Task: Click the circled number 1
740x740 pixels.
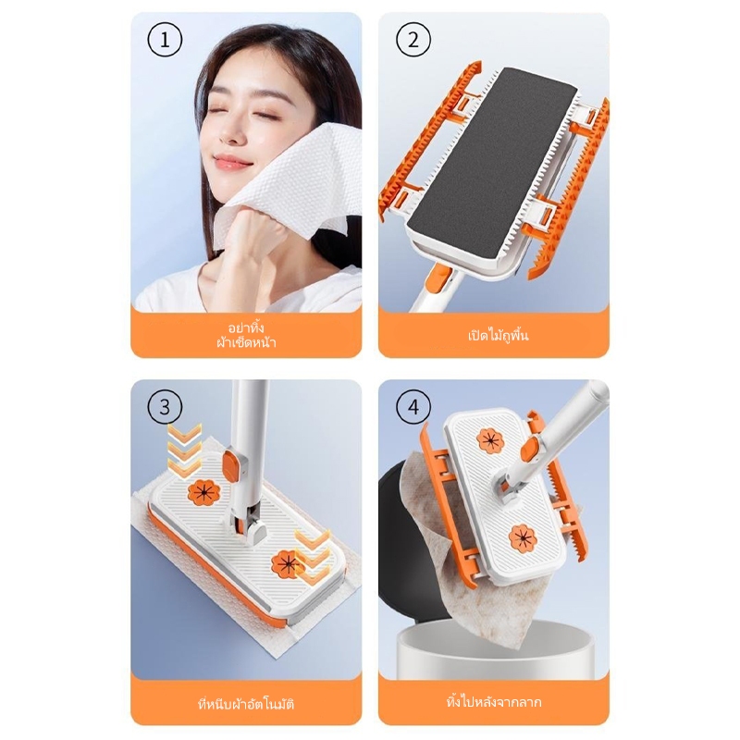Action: coord(165,40)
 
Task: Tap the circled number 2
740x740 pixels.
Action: coord(413,40)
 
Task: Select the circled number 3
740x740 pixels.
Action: coord(165,407)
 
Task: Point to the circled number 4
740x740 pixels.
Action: coord(413,407)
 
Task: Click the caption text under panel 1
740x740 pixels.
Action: coord(246,335)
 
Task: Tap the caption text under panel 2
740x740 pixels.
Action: coord(498,336)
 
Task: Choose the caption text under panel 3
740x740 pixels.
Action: coord(246,704)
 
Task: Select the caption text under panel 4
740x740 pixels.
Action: coord(494,702)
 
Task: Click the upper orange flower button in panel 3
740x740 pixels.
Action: coord(203,492)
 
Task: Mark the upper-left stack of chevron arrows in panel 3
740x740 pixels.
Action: coord(184,450)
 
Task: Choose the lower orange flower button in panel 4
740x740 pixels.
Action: coord(523,537)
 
